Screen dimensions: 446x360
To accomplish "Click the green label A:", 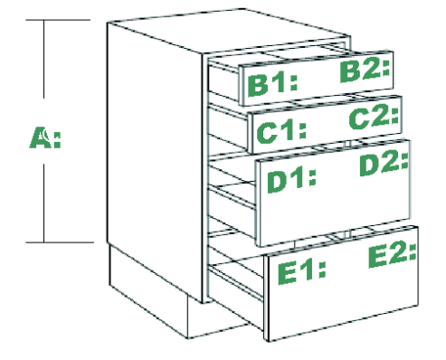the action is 45,137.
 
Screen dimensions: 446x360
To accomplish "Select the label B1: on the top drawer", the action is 272,85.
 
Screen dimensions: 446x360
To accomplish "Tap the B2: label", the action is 365,71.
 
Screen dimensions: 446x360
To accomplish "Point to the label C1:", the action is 281,133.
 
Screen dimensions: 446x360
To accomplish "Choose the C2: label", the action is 374,116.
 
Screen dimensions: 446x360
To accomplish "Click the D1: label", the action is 292,181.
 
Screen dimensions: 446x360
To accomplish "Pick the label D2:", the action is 384,164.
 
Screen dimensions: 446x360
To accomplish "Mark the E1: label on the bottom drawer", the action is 302,272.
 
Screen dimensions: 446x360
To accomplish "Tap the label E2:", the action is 393,256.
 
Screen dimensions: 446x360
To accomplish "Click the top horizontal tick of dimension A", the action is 58,20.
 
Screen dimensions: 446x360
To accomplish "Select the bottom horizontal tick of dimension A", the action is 60,242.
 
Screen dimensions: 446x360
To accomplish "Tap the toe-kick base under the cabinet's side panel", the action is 147,289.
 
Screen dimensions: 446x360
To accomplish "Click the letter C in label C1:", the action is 266,134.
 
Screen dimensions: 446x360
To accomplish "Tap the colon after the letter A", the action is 57,139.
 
